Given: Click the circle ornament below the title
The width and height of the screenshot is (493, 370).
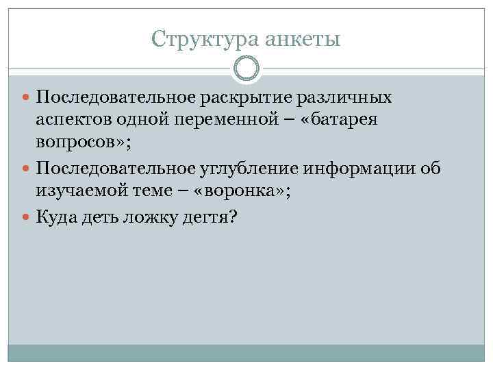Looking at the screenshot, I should coord(246,69).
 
